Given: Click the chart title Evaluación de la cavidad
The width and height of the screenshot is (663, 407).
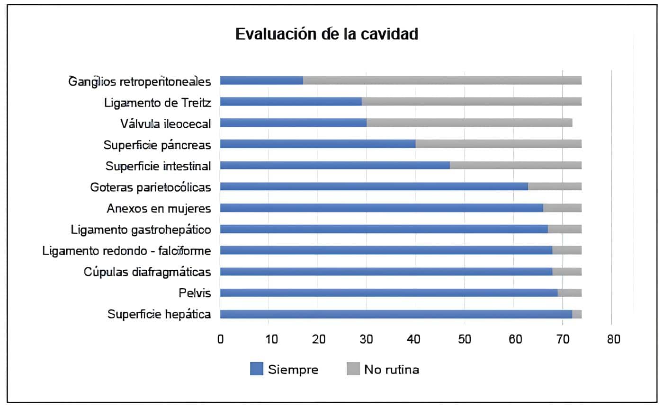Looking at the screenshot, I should click(x=326, y=35).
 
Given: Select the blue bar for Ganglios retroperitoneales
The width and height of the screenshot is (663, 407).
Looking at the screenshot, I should click(x=261, y=80).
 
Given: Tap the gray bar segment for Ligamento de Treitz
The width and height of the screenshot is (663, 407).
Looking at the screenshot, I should click(x=471, y=102).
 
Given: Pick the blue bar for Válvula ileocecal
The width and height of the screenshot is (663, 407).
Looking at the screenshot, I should click(x=293, y=123).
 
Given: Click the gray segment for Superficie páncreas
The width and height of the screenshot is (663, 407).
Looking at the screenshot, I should click(x=498, y=144).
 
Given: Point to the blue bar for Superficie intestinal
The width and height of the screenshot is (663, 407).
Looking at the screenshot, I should click(x=335, y=166).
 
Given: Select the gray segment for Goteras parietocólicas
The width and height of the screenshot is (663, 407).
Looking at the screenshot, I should click(x=555, y=186).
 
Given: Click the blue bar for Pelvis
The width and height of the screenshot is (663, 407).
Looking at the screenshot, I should click(x=388, y=293).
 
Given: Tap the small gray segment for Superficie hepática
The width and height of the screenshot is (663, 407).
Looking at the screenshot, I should click(x=577, y=314).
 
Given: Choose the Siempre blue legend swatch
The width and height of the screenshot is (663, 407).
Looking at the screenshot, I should click(x=256, y=369).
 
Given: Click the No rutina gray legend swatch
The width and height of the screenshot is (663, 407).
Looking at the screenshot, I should click(x=353, y=369).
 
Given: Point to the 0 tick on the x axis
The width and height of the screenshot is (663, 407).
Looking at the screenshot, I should click(x=220, y=339).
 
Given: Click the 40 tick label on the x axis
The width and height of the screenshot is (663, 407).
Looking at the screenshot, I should click(x=416, y=339).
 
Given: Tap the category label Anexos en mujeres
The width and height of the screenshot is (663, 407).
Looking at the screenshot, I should click(x=159, y=208).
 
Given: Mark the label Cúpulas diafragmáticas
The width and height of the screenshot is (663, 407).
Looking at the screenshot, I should click(x=147, y=272).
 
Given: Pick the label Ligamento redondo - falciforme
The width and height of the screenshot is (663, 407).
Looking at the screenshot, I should click(x=126, y=250).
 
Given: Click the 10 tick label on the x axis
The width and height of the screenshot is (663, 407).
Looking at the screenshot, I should click(x=269, y=339).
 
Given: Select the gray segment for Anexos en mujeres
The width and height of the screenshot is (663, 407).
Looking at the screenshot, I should click(x=562, y=208).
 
